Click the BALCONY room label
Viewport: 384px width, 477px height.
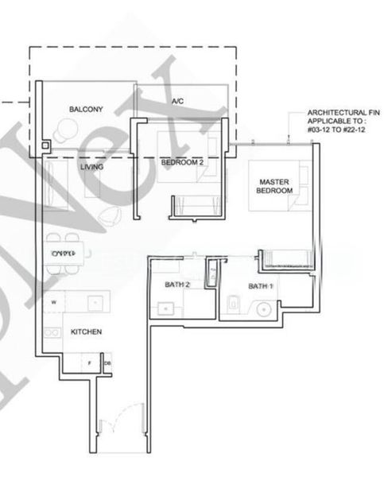tap(83, 108)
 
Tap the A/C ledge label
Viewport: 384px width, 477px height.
tap(178, 102)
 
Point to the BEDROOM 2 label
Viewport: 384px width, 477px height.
tap(182, 162)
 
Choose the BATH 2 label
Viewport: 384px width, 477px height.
tap(177, 284)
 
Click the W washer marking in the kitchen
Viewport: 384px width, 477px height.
tap(53, 303)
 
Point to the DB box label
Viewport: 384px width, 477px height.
tap(107, 363)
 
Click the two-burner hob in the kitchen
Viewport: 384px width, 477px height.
tap(53, 332)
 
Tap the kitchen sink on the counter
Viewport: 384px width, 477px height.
tap(94, 303)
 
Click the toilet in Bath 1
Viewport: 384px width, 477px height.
tap(235, 302)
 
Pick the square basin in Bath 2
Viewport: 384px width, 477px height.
tap(165, 307)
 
